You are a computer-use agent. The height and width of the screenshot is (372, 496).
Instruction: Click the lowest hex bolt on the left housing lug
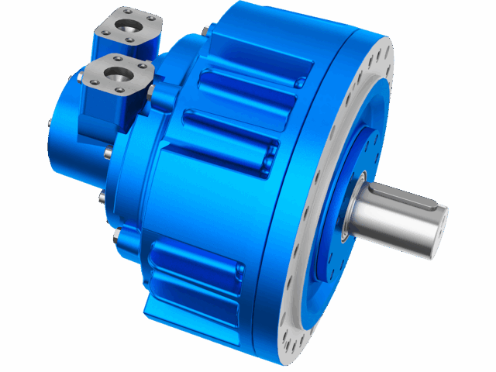coord(117,234)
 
